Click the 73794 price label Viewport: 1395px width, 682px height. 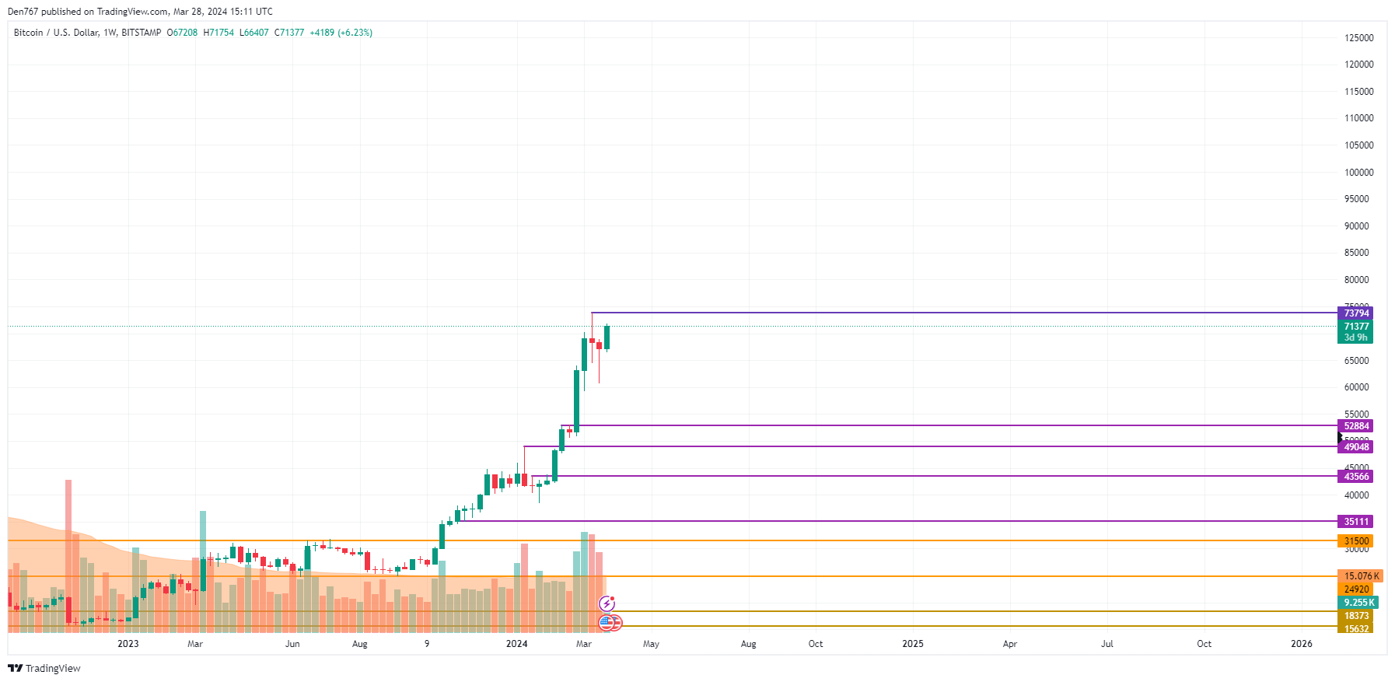tap(1355, 313)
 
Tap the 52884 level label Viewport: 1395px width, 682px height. tap(1355, 426)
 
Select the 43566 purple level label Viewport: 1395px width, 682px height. tap(1355, 477)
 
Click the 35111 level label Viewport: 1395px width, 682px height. tap(1355, 522)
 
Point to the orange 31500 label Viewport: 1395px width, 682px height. tap(1355, 541)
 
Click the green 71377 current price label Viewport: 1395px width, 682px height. tap(1355, 327)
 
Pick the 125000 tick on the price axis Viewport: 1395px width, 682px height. tap(1358, 38)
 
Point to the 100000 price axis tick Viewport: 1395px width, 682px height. tap(1358, 173)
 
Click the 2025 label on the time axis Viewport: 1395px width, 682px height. tap(912, 644)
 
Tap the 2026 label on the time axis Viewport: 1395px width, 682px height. tap(1301, 644)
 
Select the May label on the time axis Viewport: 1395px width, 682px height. tap(651, 644)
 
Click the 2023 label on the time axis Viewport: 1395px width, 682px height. tap(128, 644)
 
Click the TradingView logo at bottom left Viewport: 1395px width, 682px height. tap(44, 669)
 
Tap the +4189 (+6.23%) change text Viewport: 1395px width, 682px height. tap(341, 33)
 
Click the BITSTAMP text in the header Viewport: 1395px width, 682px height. tap(142, 33)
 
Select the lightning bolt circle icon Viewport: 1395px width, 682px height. tap(607, 603)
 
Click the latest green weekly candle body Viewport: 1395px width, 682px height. tap(607, 338)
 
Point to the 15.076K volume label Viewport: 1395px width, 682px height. tap(1359, 576)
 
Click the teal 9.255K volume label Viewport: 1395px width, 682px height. tap(1358, 603)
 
